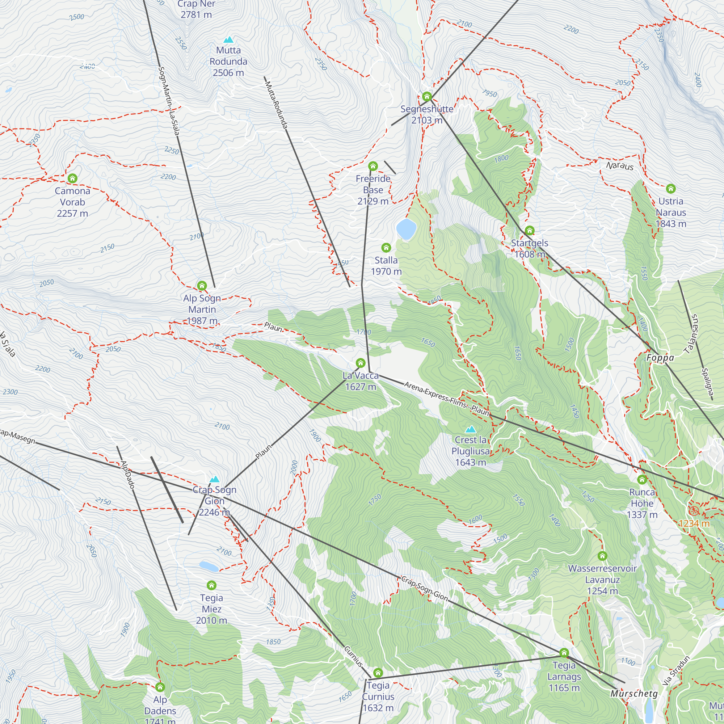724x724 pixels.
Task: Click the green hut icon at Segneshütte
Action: coord(426,97)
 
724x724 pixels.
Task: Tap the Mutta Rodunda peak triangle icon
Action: coord(228,40)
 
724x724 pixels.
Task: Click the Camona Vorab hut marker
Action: coord(72,178)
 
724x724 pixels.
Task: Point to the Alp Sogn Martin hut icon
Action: coord(202,286)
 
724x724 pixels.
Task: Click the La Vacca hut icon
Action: coord(360,363)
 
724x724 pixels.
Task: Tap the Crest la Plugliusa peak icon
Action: coord(470,429)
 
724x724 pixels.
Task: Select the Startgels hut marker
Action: coord(529,230)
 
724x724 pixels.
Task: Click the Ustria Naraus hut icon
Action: coord(670,189)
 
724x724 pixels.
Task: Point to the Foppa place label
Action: coord(660,358)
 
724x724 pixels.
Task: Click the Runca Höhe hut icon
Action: coord(641,479)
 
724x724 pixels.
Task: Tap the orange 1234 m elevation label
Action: coord(694,523)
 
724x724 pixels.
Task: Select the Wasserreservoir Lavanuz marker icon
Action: coord(602,556)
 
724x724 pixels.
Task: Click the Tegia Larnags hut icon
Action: coord(564,653)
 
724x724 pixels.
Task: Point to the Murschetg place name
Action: coord(634,694)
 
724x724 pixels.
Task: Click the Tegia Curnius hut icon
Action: coord(378,673)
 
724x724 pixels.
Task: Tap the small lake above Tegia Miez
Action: coord(209,566)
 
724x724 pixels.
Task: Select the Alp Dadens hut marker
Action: coord(160,687)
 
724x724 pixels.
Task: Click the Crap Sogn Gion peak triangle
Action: coord(214,479)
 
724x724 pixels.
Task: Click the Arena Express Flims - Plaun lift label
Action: coord(447,398)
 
